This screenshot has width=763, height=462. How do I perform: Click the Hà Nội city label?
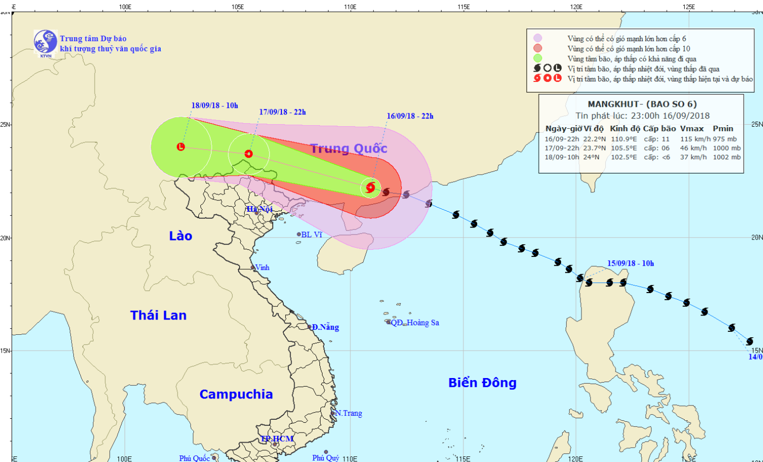pyautogui.click(x=259, y=209)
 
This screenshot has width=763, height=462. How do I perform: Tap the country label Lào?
pyautogui.click(x=181, y=236)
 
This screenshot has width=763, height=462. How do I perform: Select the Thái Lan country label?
pyautogui.click(x=158, y=315)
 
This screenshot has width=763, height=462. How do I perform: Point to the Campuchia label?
pyautogui.click(x=236, y=394)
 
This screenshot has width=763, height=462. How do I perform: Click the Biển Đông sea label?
pyautogui.click(x=482, y=383)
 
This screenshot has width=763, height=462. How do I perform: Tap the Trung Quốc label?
pyautogui.click(x=348, y=149)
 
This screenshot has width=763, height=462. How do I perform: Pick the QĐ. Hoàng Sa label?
pyautogui.click(x=415, y=323)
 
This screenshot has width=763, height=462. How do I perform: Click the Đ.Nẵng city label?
pyautogui.click(x=325, y=327)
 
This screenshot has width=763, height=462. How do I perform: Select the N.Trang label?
pyautogui.click(x=349, y=413)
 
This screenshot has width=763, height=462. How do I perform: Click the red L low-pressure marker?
pyautogui.click(x=181, y=147)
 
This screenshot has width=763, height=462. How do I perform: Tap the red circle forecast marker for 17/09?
pyautogui.click(x=249, y=154)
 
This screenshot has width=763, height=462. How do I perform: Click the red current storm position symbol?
pyautogui.click(x=370, y=187)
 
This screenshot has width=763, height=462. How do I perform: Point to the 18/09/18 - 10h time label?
pyautogui.click(x=215, y=105)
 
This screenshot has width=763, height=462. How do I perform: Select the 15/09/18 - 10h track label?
pyautogui.click(x=630, y=264)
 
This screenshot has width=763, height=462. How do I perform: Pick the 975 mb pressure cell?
pyautogui.click(x=724, y=139)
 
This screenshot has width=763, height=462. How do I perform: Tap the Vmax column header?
pyautogui.click(x=692, y=129)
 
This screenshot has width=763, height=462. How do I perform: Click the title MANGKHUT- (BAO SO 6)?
pyautogui.click(x=642, y=104)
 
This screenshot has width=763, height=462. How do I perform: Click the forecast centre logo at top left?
pyautogui.click(x=45, y=42)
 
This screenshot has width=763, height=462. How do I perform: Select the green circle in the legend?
pyautogui.click(x=538, y=58)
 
